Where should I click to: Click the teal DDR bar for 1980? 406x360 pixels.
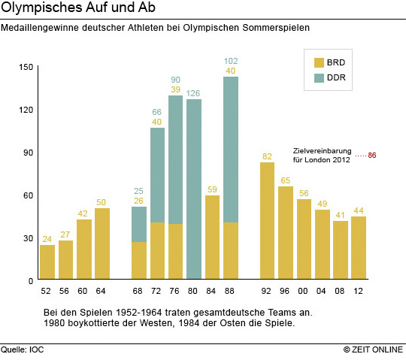[194, 189]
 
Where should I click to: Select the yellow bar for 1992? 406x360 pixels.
[267, 220]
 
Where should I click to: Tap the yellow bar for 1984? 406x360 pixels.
[212, 237]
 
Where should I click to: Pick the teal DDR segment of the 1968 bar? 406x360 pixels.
[139, 224]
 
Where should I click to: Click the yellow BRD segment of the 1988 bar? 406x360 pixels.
[231, 250]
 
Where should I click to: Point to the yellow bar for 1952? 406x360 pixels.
[47, 262]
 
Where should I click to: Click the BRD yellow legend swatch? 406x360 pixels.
[319, 63]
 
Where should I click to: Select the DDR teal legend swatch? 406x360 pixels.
[319, 78]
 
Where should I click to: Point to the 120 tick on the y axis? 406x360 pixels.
[26, 110]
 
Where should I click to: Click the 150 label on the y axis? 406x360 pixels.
[26, 67]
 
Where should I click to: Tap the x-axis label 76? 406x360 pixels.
[174, 291]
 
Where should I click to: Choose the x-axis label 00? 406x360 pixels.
[303, 291]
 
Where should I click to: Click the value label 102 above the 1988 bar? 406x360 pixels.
[231, 61]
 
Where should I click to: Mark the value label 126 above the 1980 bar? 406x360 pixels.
[193, 93]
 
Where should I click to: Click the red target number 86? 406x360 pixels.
[372, 156]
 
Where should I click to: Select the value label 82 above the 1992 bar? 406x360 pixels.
[267, 156]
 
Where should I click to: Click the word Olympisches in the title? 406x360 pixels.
[42, 8]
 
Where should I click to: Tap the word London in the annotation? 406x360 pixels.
[318, 160]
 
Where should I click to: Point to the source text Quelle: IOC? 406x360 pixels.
[23, 349]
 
